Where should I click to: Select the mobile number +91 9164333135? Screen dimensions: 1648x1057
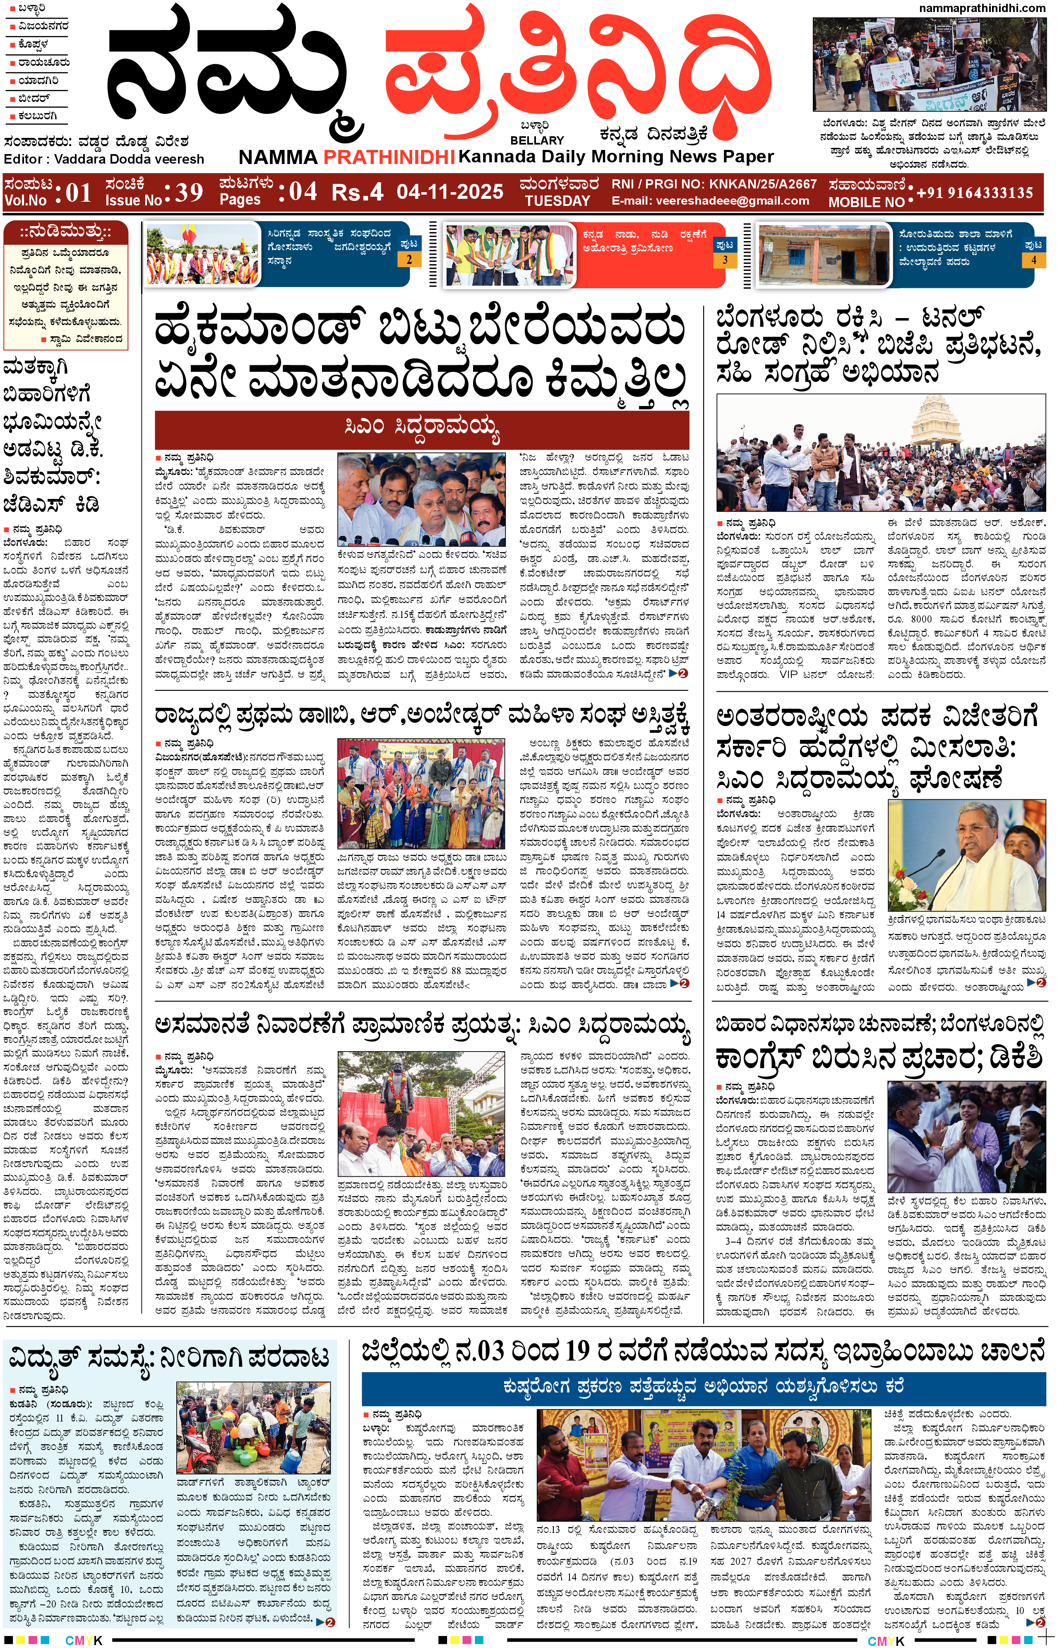click(974, 193)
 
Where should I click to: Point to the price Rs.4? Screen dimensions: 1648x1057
click(356, 192)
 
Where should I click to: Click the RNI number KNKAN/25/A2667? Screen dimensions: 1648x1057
click(762, 184)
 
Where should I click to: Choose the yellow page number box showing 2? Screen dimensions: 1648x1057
click(409, 260)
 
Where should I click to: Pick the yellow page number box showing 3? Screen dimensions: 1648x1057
click(724, 260)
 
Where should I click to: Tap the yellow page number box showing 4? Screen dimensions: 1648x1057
click(1033, 260)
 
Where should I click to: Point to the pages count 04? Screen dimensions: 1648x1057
click(303, 192)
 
